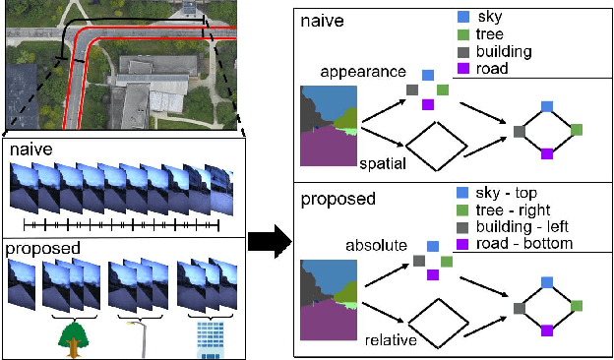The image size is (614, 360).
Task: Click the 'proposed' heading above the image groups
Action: click(x=41, y=248)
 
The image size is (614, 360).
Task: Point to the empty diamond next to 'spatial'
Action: click(x=435, y=148)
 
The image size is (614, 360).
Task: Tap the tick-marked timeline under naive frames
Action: click(x=123, y=225)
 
